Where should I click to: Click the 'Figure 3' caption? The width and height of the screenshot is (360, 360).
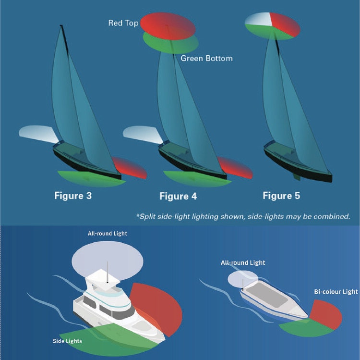(72, 196)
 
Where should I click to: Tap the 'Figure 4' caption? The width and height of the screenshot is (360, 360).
(178, 196)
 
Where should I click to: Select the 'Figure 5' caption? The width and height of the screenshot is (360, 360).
(281, 196)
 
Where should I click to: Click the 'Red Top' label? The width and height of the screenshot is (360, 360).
(123, 23)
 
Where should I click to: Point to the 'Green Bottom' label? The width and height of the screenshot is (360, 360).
(206, 58)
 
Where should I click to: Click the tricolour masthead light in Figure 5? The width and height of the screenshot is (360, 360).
(272, 24)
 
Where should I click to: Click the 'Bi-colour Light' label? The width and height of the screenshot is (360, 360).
(336, 292)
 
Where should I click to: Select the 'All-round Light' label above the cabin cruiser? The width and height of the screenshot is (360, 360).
(107, 234)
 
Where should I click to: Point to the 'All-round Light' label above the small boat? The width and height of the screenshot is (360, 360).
(243, 263)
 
